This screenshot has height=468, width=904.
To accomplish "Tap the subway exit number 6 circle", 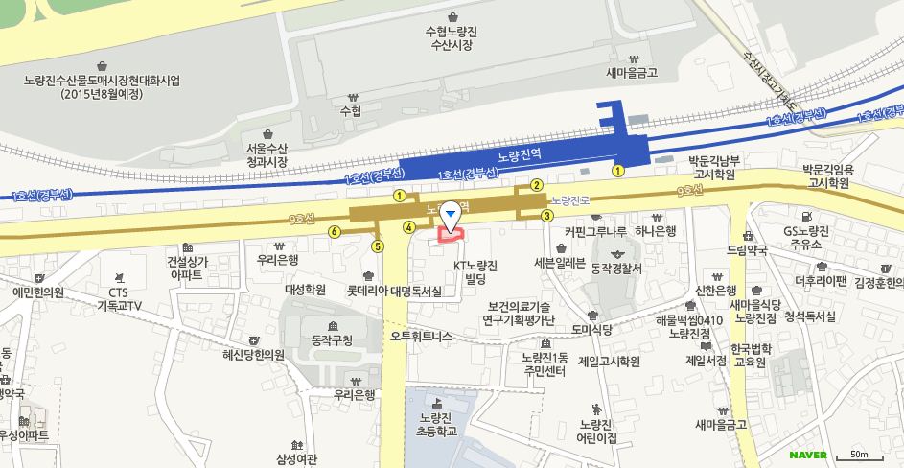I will [334, 231].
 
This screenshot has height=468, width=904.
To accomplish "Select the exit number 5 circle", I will [378, 246].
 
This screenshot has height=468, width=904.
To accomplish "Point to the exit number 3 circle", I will [546, 216].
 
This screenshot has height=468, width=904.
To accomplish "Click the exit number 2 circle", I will [537, 185].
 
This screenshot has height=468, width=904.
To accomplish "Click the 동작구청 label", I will [333, 339].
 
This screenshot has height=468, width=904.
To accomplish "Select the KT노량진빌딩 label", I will [475, 271].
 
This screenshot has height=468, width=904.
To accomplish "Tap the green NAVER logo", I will [807, 455].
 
